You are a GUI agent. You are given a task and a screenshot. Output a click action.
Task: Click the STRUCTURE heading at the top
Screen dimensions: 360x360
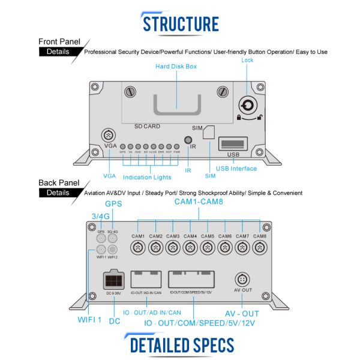tap(180, 23)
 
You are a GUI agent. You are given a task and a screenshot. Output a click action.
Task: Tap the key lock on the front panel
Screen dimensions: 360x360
tap(248, 103)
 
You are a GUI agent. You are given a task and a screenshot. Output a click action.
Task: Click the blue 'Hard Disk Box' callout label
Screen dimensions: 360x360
tap(176, 67)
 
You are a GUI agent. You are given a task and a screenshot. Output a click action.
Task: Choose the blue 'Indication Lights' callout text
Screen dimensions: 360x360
tap(147, 177)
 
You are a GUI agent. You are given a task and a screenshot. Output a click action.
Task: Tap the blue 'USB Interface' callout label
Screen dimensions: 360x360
tap(236, 169)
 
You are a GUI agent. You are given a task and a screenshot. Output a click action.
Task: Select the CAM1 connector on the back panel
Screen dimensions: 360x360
tap(139, 248)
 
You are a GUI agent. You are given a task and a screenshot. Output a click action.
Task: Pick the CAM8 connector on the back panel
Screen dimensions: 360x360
tap(259, 248)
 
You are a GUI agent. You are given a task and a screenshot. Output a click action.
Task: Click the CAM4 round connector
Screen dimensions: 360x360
tap(190, 248)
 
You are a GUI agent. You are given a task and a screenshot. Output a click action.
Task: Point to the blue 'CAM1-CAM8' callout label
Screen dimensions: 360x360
tap(199, 203)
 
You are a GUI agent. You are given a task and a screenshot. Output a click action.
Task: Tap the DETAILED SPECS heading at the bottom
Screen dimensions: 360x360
tap(180, 345)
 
